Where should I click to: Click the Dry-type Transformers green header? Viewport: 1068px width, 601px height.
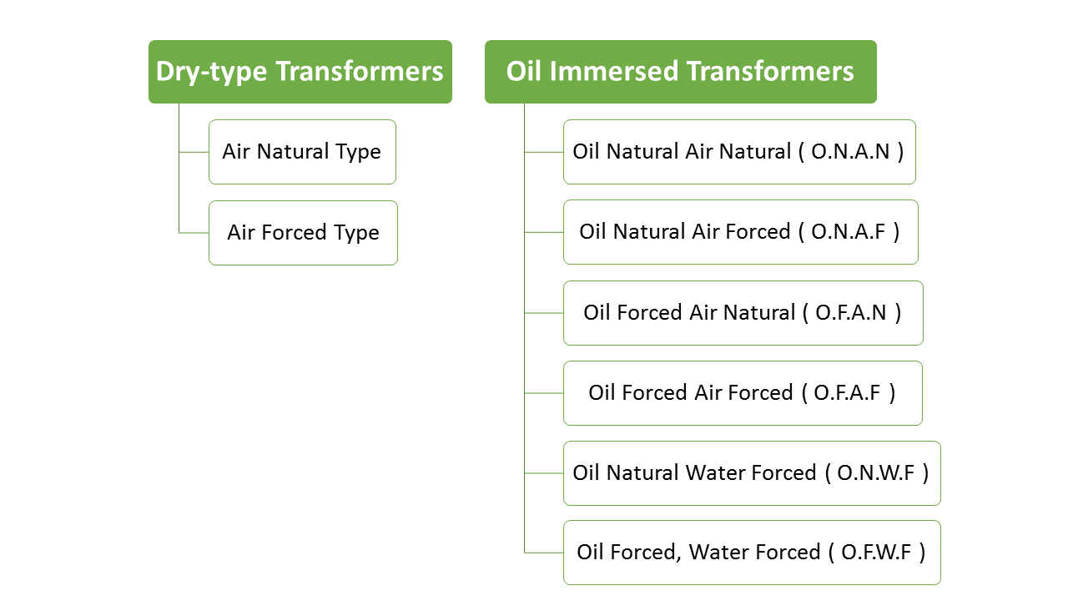pos(300,72)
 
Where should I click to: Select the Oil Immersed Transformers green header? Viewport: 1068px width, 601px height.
pos(680,72)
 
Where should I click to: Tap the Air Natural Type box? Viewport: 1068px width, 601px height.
pos(302,152)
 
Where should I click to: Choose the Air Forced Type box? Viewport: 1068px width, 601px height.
pos(303,233)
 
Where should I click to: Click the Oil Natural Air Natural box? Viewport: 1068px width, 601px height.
pos(739,152)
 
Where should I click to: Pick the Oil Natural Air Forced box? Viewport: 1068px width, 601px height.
pos(740,232)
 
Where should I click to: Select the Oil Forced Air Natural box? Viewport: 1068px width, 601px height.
pos(743,313)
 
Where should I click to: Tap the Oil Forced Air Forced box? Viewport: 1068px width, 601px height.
pos(743,393)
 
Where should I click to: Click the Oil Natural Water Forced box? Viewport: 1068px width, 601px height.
pos(751,473)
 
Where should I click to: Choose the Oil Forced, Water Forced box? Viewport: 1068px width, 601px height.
pos(751,553)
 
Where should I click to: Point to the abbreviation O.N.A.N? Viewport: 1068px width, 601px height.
pos(851,152)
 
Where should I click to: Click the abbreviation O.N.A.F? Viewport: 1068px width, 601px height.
pos(849,232)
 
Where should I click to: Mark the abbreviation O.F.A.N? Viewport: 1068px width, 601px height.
pos(851,313)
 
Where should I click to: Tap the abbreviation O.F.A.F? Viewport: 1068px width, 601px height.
pos(848,393)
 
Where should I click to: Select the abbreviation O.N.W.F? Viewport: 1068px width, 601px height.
pos(876,473)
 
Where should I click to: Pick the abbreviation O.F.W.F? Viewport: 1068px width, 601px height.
pos(876,553)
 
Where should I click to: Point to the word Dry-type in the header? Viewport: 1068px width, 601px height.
pos(212,72)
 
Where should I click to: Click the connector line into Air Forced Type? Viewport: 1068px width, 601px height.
pos(194,233)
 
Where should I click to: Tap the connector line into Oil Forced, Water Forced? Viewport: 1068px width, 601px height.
pos(543,553)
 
